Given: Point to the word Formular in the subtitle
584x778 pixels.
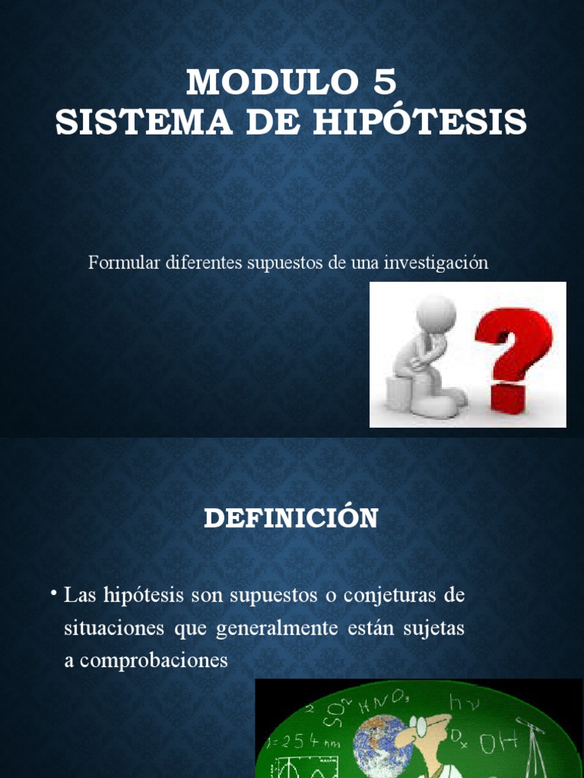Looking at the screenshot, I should pyautogui.click(x=124, y=263).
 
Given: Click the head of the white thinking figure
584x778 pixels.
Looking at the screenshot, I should pyautogui.click(x=436, y=312).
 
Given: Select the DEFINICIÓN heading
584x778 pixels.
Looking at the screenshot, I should pyautogui.click(x=291, y=518).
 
